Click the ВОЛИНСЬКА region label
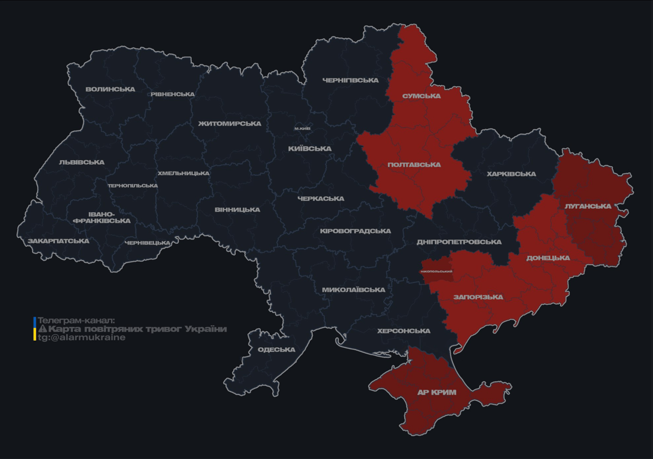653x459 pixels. (110, 90)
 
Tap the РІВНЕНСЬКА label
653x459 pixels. (173, 94)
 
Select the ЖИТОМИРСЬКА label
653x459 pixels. (230, 124)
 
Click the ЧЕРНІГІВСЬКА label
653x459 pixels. (350, 80)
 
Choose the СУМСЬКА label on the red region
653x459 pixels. (421, 96)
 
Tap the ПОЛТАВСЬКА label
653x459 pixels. (414, 165)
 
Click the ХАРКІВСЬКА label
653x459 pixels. (511, 175)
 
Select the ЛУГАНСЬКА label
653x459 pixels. (588, 206)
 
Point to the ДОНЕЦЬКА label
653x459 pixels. (548, 258)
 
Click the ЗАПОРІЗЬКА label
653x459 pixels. (478, 297)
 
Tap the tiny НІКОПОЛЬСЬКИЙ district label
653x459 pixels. (436, 271)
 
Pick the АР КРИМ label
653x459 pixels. (437, 393)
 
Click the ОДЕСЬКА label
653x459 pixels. (276, 350)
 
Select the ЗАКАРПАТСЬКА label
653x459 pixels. (58, 241)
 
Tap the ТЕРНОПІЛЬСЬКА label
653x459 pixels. (133, 186)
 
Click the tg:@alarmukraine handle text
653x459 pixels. (82, 338)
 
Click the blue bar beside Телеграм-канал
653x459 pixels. (35, 322)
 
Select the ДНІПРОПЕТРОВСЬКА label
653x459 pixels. (459, 242)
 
